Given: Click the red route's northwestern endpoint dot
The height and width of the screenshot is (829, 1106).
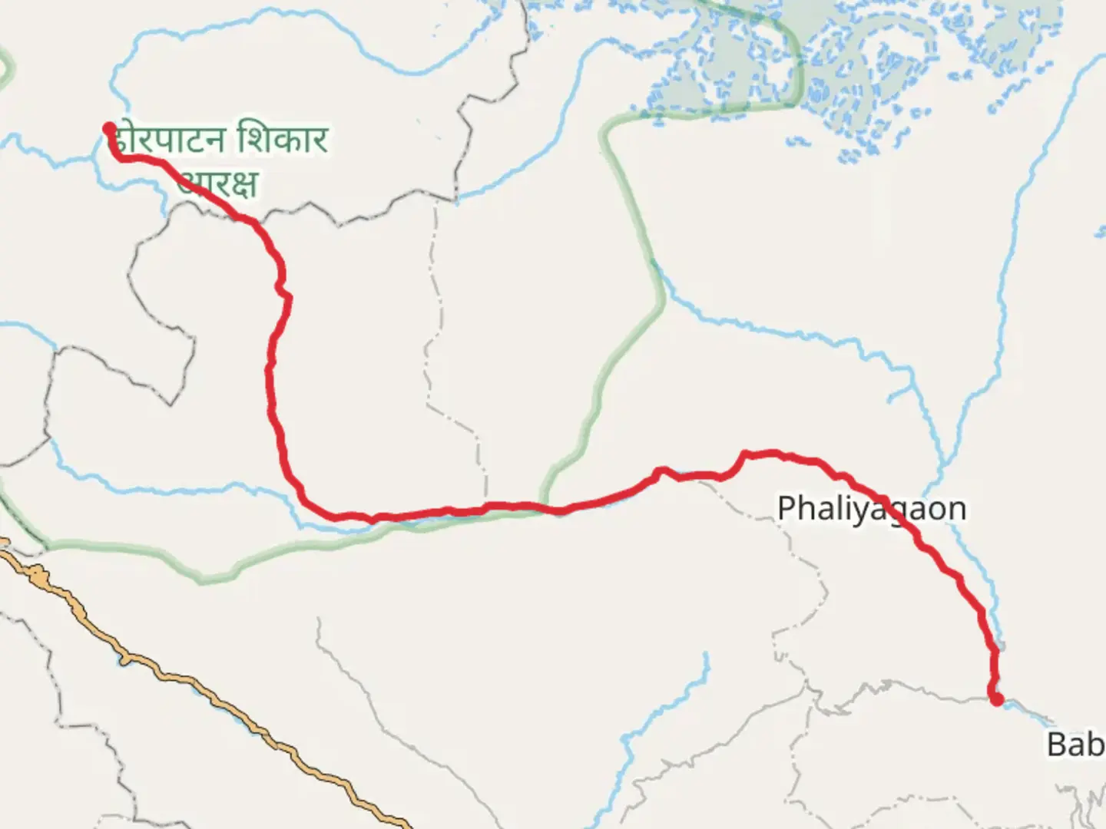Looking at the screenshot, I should [x=110, y=128].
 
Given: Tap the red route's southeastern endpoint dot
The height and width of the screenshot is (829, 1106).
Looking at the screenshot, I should [x=996, y=699].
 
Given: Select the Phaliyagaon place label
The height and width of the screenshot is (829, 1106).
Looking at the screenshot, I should [x=871, y=509].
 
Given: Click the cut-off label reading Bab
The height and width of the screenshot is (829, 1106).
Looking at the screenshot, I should [x=1075, y=744].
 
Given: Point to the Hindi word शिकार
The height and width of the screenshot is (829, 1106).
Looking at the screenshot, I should [x=283, y=140].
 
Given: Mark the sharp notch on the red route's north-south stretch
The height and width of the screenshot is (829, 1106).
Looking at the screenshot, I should [x=283, y=291].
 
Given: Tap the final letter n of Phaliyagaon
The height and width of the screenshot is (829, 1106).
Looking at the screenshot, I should [x=956, y=510].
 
